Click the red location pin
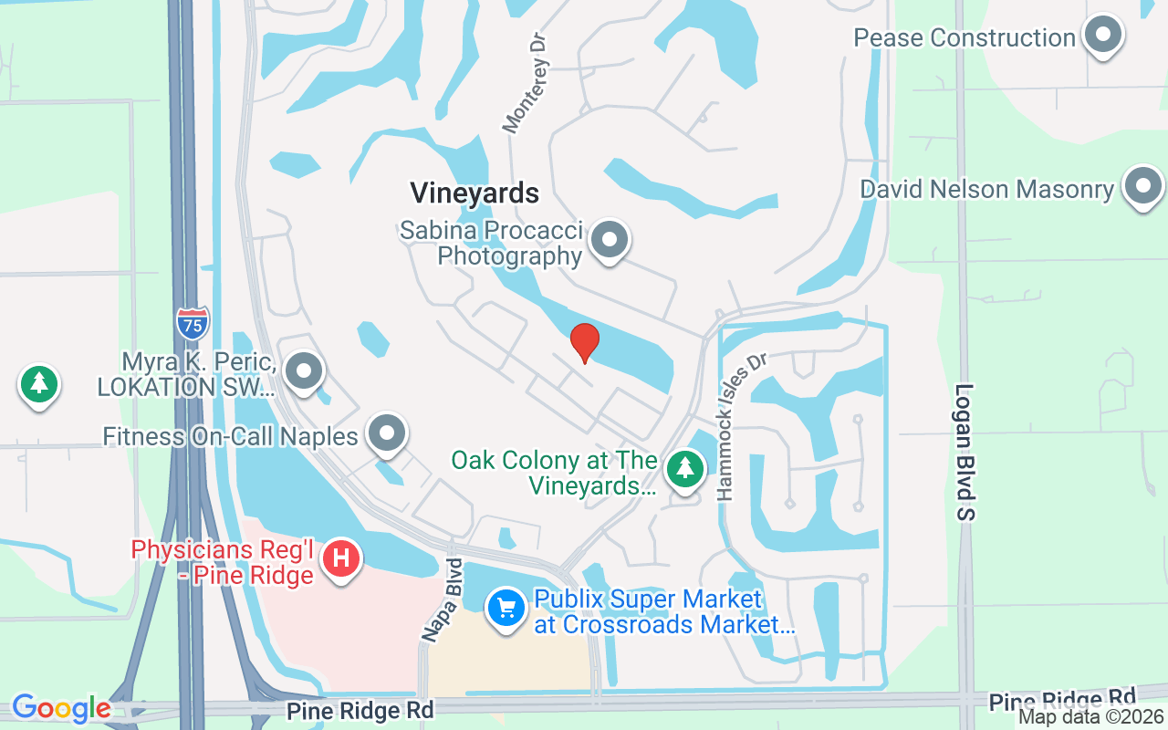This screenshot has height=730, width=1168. (584, 342)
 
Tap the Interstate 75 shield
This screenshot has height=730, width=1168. (193, 322)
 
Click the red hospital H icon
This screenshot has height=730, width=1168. (342, 556)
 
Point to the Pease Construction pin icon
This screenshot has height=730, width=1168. (1102, 36)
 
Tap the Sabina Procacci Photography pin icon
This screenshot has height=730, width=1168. (609, 241)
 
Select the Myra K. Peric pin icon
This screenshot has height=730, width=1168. (304, 371)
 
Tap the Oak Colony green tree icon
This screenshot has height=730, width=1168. (684, 469)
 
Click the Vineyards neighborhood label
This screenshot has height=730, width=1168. (474, 193)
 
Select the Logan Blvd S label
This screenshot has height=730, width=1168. (965, 452)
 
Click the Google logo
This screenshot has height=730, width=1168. (61, 708)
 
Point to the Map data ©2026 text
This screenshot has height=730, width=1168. (1091, 717)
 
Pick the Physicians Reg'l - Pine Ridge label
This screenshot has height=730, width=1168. (223, 562)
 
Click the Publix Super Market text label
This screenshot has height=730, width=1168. (664, 611)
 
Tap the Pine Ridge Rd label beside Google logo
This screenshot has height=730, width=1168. (360, 710)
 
